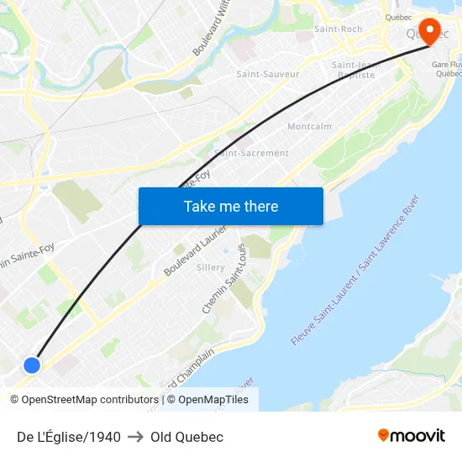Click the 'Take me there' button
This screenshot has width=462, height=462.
tap(230, 207)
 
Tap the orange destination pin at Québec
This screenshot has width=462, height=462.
tap(429, 32)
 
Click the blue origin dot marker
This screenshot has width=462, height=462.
tap(31, 365)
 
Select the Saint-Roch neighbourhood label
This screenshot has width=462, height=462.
tap(338, 29)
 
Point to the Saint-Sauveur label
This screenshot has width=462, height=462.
tap(268, 74)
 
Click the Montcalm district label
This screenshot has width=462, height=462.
tap(309, 127)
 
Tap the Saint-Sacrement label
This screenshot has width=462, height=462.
tap(251, 153)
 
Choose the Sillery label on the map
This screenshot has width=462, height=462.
tap(210, 267)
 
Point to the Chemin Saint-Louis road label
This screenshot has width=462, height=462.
tap(224, 280)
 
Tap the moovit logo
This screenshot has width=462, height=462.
tap(411, 436)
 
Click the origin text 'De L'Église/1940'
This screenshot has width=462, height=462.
tap(69, 437)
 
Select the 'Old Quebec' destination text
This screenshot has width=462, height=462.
tap(186, 437)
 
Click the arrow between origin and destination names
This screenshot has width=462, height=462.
tap(135, 437)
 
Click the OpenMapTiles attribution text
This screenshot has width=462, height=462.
tap(213, 400)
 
